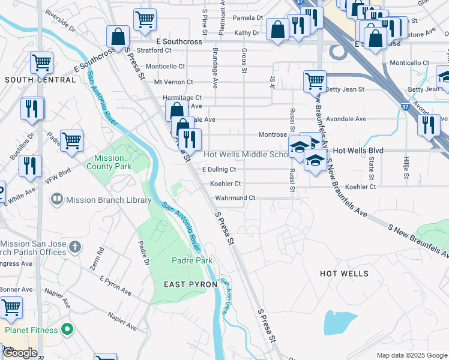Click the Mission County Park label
[109, 162]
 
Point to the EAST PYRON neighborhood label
[173, 283]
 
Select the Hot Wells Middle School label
[246, 154]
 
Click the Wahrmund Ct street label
[235, 197]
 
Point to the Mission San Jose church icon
[74, 247]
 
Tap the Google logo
[20, 353]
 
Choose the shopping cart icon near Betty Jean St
[315, 80]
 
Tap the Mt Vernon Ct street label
[173, 82]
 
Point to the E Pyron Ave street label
[116, 286]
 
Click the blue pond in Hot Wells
[340, 323]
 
